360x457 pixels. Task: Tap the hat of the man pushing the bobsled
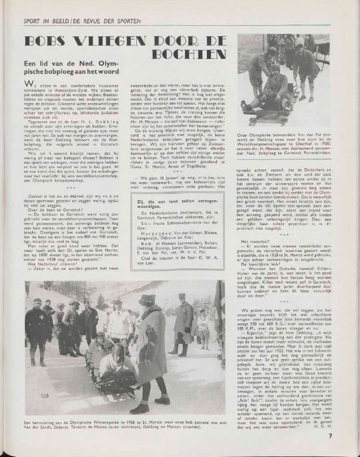145,299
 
